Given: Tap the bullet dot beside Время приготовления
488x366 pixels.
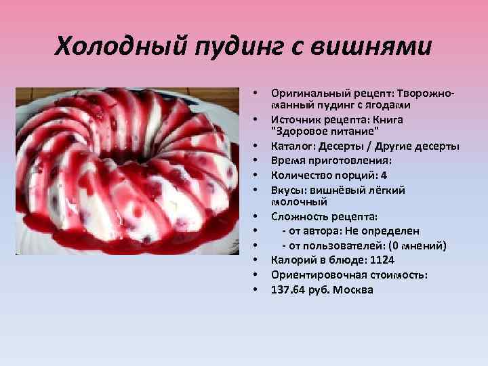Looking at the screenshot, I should [256, 161].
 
